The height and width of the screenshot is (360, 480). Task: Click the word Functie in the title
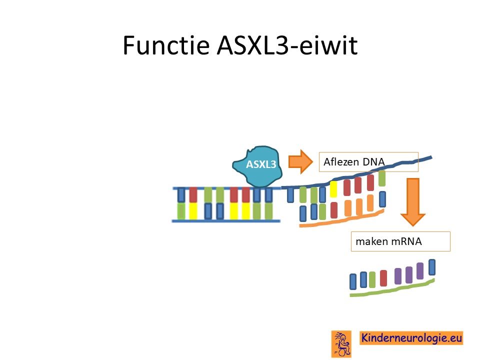point(166,45)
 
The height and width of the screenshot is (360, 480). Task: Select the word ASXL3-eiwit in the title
point(287,45)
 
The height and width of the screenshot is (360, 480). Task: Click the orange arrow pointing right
point(300,161)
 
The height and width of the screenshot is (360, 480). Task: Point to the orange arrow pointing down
point(413,202)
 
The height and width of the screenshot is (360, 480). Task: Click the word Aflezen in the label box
point(340,161)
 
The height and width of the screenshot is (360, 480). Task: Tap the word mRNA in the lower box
point(406,241)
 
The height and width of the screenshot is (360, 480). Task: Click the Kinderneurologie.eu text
point(411,338)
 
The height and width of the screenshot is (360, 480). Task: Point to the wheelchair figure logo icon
point(341,344)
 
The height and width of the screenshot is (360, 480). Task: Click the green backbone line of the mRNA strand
point(392,288)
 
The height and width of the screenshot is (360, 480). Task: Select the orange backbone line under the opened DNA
point(342,219)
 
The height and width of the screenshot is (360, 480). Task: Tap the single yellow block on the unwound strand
point(333,189)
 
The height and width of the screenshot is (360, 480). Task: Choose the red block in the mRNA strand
point(383,278)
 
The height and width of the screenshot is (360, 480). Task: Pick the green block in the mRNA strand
point(372,279)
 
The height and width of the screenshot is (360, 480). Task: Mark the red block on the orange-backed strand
point(334,210)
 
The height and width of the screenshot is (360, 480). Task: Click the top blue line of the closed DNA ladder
point(226,188)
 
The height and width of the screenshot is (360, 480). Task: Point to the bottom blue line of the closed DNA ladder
point(226,220)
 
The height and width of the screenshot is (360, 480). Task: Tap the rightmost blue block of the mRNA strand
point(432,267)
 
